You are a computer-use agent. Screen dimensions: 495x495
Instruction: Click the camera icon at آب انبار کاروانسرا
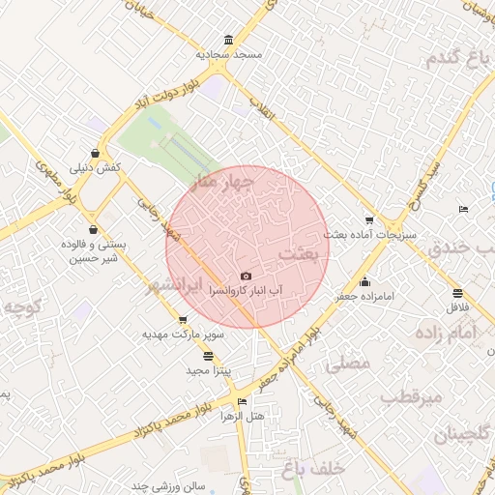point(245,277)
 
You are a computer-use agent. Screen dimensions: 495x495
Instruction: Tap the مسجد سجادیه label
point(229,55)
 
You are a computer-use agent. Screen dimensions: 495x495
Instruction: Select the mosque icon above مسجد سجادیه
point(228,41)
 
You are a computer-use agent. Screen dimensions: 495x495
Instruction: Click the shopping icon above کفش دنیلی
point(95,154)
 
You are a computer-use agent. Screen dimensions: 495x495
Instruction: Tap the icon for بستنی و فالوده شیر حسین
point(93,230)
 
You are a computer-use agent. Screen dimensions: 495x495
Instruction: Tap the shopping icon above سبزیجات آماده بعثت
point(367,220)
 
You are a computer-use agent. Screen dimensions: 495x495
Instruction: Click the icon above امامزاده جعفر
point(364,282)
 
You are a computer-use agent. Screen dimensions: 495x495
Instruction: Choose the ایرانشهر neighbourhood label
point(177,286)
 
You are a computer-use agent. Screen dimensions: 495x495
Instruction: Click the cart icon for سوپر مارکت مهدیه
point(183,320)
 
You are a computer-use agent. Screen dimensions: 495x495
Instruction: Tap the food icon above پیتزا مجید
point(209,357)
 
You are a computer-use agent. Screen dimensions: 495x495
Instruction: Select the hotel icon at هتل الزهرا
point(242,401)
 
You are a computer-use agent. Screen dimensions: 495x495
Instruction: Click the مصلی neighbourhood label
point(349,364)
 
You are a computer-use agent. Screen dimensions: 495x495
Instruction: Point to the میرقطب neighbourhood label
point(411,396)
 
